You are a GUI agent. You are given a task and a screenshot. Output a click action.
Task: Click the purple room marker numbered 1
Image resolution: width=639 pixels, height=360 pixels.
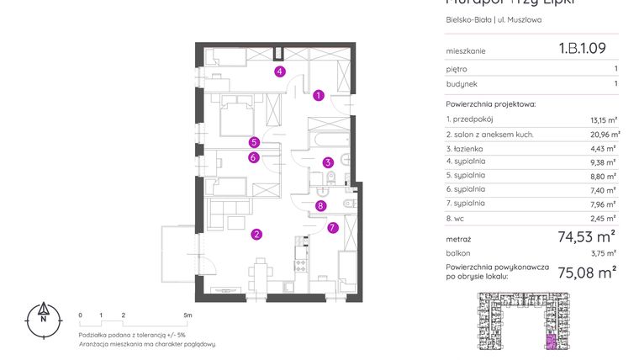point(319,96)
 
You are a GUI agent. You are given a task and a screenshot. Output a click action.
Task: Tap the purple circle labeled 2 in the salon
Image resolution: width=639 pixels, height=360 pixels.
point(257,235)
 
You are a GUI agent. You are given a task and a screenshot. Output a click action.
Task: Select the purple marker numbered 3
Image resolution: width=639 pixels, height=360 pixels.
point(329,162)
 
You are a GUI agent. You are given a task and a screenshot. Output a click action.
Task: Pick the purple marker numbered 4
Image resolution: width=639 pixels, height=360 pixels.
point(280,71)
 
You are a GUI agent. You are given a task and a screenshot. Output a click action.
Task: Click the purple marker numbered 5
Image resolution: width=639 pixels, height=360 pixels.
point(253,142)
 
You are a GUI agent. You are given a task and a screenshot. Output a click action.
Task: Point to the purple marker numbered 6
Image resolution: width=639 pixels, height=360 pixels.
point(253,156)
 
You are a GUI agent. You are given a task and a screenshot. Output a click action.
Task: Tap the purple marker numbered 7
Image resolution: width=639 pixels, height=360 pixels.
point(333,226)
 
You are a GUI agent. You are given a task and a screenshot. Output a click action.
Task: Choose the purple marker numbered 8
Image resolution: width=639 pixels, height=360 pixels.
point(320,205)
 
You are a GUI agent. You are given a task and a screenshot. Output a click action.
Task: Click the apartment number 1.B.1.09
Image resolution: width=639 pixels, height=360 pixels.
point(582,50)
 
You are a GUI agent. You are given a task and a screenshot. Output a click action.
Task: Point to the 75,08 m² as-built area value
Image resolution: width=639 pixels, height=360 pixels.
point(588,271)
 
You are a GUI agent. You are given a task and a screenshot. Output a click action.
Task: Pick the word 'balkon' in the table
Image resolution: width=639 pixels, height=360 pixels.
point(458,251)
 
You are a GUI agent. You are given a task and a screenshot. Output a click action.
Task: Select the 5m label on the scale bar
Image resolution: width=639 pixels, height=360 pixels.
point(188,315)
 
